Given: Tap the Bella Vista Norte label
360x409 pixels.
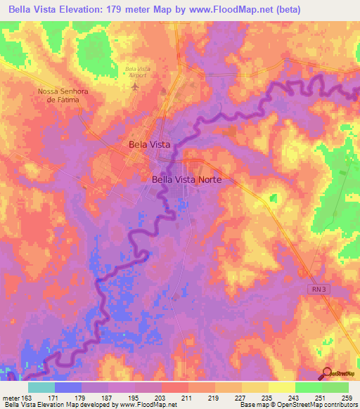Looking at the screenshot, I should click(186, 180).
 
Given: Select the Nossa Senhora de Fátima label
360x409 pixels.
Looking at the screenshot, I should click(63, 96).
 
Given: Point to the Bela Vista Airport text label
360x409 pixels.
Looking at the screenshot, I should click(137, 72).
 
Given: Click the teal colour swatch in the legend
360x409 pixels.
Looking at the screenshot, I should click(41, 387).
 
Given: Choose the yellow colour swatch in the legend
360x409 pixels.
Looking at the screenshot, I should click(282, 387).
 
